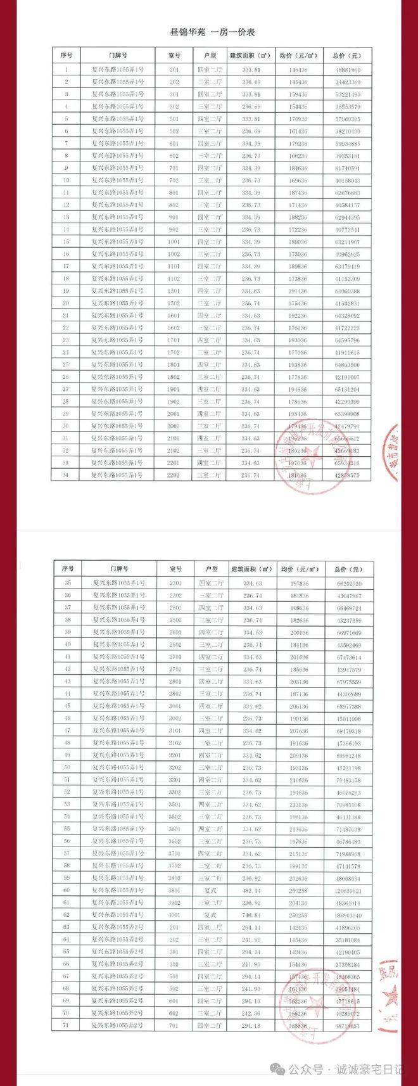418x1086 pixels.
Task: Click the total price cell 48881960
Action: click(x=348, y=70)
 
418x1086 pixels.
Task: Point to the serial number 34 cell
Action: click(x=65, y=475)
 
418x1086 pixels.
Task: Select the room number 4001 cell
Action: click(x=176, y=915)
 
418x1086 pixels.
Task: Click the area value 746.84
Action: click(x=252, y=915)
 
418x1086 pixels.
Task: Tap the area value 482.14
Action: click(x=252, y=890)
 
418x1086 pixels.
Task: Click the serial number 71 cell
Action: click(x=68, y=1025)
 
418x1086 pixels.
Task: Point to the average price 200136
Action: click(x=300, y=633)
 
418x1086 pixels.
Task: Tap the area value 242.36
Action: click(x=252, y=1013)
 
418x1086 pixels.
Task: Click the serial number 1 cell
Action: click(x=65, y=70)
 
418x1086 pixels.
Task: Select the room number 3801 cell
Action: click(x=176, y=890)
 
